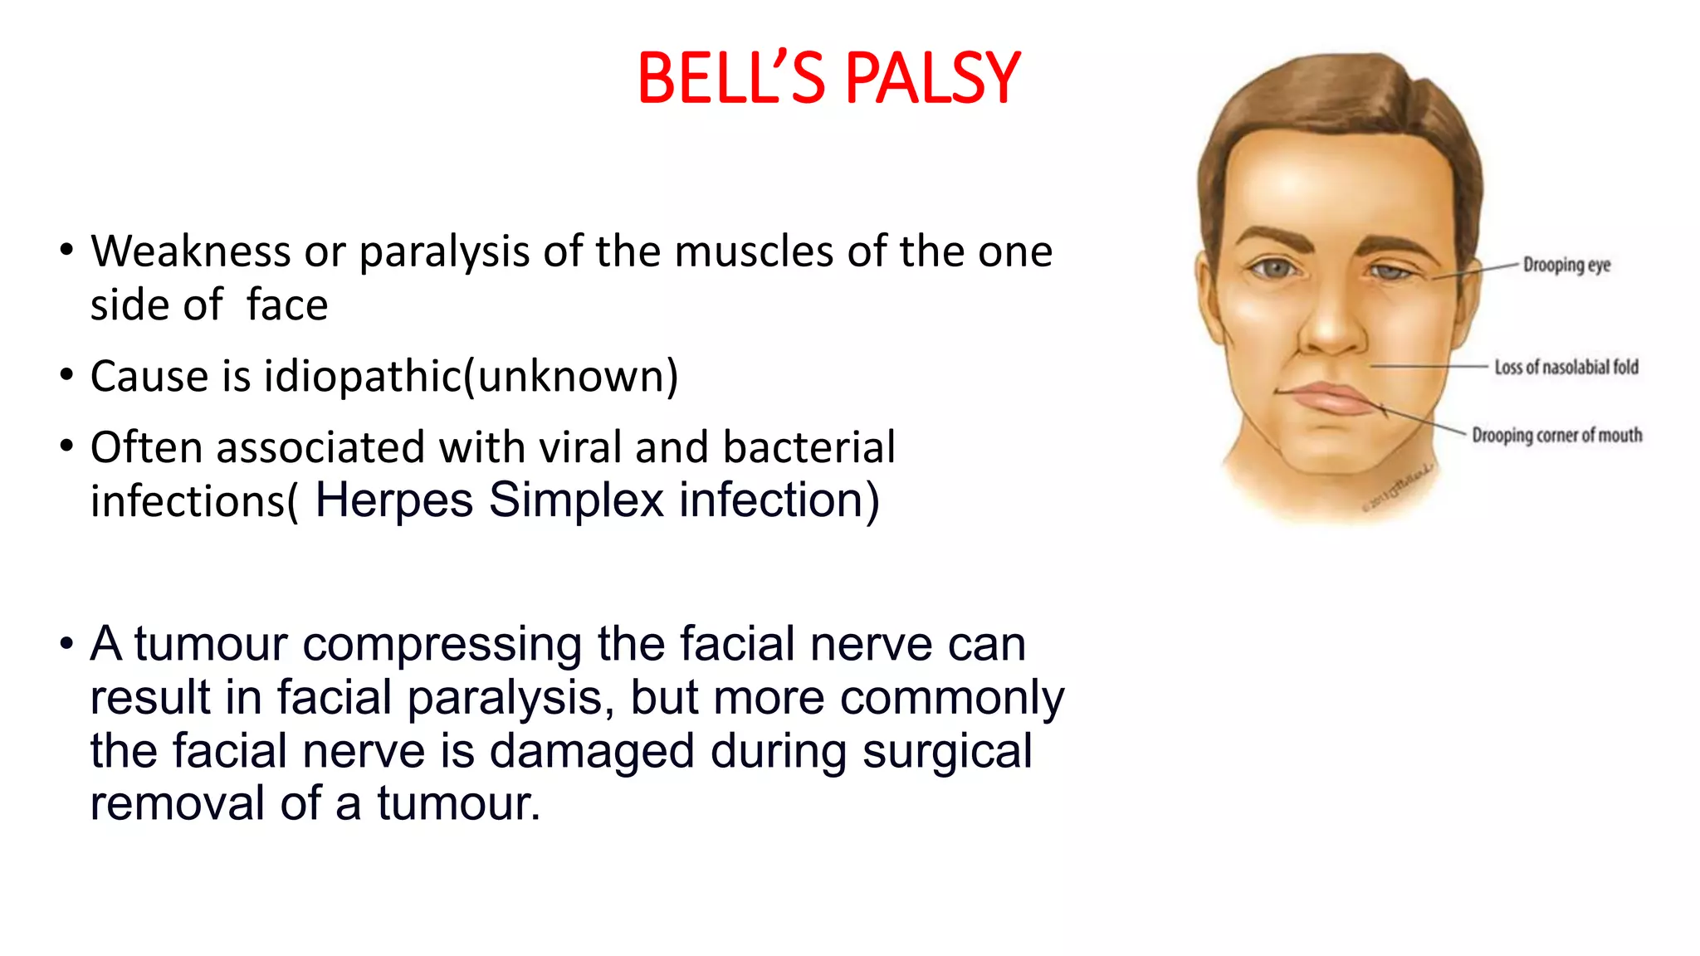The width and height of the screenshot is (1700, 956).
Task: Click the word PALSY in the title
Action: [933, 79]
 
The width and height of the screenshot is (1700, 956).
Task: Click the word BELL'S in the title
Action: [731, 79]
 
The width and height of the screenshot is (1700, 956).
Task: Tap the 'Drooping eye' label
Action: [1566, 265]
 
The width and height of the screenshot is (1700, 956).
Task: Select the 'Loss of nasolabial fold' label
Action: [1566, 367]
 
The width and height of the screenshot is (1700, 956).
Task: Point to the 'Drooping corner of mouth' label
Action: [1556, 435]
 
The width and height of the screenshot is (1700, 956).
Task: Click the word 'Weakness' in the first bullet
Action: [190, 251]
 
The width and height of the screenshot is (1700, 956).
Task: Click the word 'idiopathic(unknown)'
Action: [471, 377]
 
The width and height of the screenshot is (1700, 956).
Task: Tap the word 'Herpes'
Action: [393, 500]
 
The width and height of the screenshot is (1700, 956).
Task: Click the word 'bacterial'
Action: [808, 447]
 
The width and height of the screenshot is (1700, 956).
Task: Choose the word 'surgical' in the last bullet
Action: [947, 752]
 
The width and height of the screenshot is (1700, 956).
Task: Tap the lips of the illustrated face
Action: [1332, 398]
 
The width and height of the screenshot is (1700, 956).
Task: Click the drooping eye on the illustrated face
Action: [1390, 271]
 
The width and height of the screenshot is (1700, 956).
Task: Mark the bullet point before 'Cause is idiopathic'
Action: [66, 375]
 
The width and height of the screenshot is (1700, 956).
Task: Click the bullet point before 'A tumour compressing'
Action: [66, 644]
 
